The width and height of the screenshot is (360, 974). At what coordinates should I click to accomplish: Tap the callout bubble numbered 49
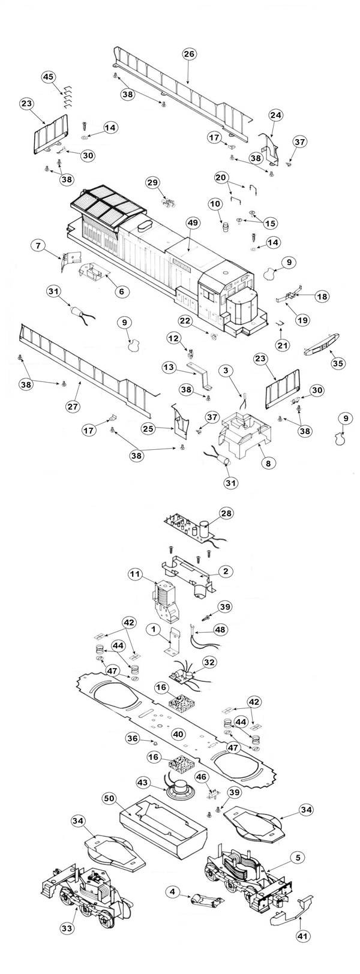(x=192, y=222)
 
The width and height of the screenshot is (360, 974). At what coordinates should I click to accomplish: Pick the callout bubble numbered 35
(x=338, y=363)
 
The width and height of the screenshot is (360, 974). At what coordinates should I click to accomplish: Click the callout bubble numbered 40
(x=178, y=733)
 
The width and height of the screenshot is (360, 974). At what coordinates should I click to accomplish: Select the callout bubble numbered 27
(x=73, y=406)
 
